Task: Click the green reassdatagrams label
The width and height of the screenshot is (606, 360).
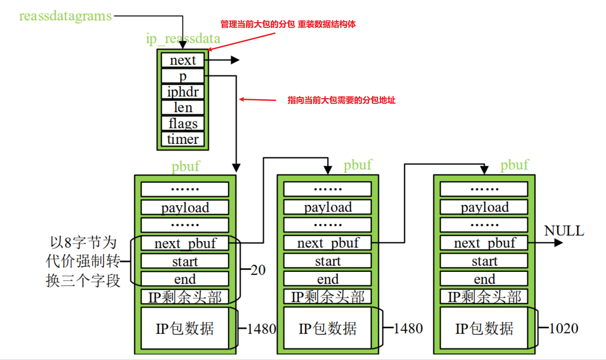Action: (x=65, y=16)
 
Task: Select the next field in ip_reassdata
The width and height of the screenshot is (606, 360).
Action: (x=183, y=60)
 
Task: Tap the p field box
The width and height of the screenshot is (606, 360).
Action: (x=183, y=76)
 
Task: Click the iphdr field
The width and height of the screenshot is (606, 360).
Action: (x=183, y=92)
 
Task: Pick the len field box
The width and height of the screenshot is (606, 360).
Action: (x=183, y=108)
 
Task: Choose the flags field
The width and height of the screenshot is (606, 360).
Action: (x=183, y=123)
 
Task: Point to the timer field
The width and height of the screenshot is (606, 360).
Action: (x=183, y=139)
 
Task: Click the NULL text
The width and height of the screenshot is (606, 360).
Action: (x=564, y=231)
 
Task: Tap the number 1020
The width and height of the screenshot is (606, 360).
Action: (x=564, y=328)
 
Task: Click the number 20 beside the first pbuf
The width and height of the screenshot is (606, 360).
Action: (x=258, y=270)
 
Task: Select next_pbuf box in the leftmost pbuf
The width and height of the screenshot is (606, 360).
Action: (x=185, y=243)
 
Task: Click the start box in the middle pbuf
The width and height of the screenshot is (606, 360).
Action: (x=328, y=261)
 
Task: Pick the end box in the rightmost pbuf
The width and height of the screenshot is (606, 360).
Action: (x=484, y=279)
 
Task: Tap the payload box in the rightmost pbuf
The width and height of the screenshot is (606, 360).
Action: (x=484, y=207)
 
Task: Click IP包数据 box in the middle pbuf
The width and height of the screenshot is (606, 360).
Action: (x=328, y=328)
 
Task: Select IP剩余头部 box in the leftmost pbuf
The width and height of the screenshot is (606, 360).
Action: (x=185, y=297)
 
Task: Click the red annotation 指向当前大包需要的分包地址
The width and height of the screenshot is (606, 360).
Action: (x=341, y=100)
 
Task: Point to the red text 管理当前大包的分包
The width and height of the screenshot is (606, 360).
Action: (x=257, y=24)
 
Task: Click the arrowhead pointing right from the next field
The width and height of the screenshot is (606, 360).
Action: (x=235, y=60)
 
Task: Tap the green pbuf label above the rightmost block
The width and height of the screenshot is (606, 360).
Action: (x=515, y=165)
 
